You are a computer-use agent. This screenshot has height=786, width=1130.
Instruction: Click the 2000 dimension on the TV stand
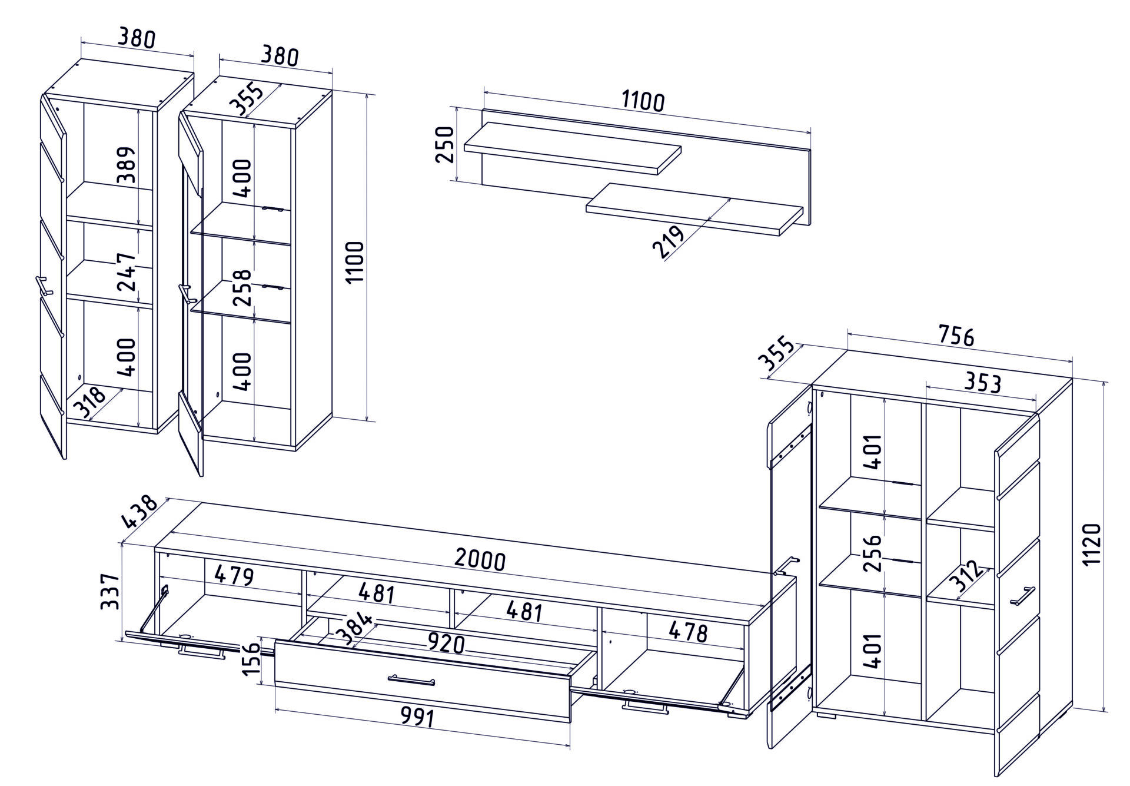tap(480, 560)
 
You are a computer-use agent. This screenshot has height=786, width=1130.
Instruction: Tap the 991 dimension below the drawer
tap(417, 717)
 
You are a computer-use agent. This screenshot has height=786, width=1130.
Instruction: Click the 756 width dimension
tap(956, 336)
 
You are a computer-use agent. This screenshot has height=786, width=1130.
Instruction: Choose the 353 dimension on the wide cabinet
tap(982, 383)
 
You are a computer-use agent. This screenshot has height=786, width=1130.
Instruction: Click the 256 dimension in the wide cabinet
tap(875, 553)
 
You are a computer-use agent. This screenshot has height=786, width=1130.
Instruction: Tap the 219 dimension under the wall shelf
tap(669, 242)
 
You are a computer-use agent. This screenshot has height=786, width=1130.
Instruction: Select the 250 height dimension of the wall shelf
tap(446, 144)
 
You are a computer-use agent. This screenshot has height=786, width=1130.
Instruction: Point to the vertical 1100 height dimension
tap(355, 262)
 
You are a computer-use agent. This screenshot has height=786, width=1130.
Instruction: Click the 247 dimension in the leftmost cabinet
tap(127, 272)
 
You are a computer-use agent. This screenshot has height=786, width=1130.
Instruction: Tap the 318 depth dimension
tap(89, 402)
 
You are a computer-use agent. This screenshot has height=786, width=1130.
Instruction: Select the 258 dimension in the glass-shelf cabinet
tap(242, 288)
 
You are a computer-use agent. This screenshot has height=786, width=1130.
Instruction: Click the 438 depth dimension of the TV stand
tap(139, 512)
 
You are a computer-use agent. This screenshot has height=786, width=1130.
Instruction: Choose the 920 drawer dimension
tap(446, 644)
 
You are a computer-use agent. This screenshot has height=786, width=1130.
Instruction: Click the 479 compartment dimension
tap(234, 575)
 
